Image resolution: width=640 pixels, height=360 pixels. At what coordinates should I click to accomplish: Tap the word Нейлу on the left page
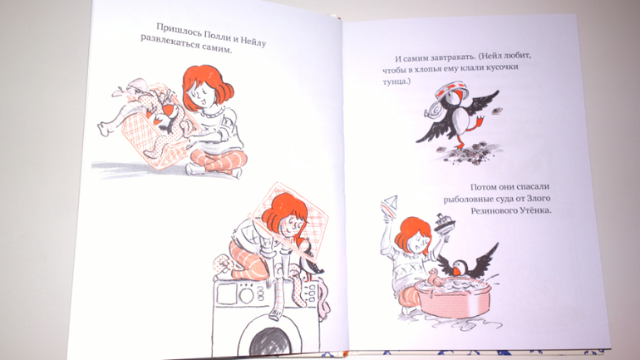tap(253, 40)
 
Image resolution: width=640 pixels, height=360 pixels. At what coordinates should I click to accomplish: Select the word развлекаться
tap(170, 42)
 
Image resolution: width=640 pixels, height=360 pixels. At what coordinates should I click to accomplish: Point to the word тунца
tap(395, 81)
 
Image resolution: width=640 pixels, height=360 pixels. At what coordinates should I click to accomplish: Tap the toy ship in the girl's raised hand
tap(445, 224)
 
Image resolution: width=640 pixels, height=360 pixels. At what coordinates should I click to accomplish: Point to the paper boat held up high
tap(389, 204)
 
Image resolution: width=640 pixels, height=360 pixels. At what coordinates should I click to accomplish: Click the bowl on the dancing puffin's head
tap(449, 90)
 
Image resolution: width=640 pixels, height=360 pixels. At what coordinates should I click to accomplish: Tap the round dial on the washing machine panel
tap(246, 293)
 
